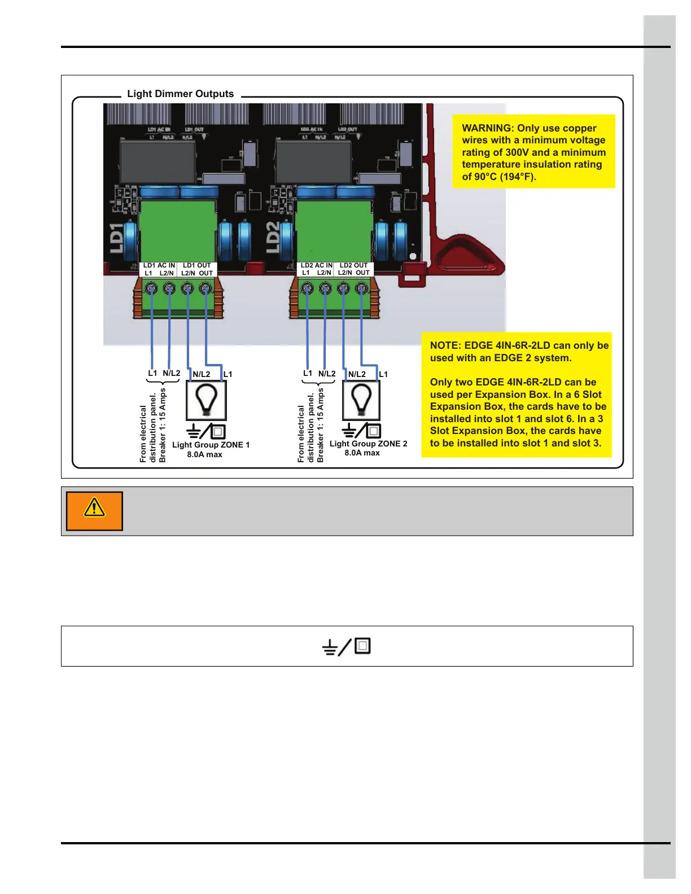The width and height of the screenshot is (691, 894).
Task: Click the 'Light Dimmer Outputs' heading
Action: click(x=180, y=94)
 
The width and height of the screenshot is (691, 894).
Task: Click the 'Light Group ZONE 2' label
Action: click(x=368, y=444)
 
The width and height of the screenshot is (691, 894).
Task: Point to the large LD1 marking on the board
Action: click(x=116, y=238)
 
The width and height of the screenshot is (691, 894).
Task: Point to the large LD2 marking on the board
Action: click(x=273, y=237)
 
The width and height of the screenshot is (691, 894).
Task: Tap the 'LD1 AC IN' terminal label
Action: click(x=159, y=265)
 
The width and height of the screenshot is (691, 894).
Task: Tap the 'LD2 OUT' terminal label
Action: click(x=353, y=265)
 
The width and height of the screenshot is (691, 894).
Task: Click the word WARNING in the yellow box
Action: click(x=487, y=128)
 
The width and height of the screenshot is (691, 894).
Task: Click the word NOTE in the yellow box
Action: click(x=444, y=345)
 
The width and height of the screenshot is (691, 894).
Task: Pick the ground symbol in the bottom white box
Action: click(x=330, y=647)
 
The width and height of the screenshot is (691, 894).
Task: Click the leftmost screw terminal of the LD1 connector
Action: click(x=151, y=289)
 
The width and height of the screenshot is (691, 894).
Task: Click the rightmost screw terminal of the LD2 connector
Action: click(x=361, y=289)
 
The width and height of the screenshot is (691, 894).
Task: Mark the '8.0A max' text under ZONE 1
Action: click(x=204, y=454)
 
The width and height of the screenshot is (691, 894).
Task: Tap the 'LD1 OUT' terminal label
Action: click(x=196, y=265)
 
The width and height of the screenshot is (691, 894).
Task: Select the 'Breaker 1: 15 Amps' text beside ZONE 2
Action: click(x=321, y=425)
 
